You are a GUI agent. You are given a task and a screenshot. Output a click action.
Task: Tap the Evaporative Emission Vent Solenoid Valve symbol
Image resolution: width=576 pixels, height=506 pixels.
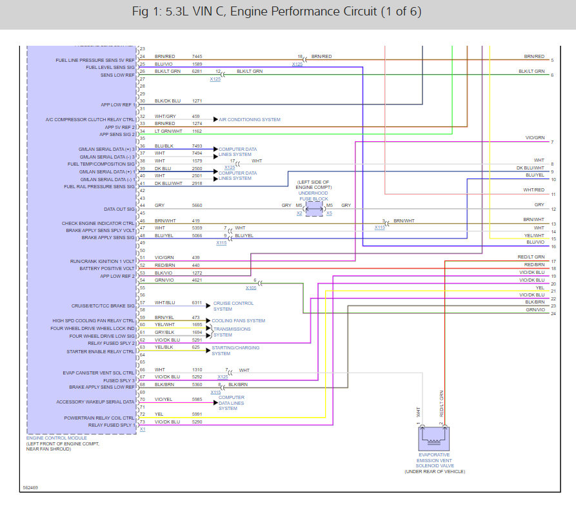pyautogui.click(x=433, y=439)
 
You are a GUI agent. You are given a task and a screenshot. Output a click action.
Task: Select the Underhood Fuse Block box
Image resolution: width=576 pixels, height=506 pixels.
pyautogui.click(x=314, y=209)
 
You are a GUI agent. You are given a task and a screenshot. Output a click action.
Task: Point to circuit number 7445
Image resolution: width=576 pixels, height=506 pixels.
pyautogui.click(x=197, y=57)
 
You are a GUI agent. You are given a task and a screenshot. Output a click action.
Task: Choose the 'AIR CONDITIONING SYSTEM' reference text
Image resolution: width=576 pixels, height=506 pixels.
pyautogui.click(x=250, y=119)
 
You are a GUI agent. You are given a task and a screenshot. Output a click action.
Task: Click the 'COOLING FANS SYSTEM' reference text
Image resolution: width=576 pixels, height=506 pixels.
pyautogui.click(x=239, y=320)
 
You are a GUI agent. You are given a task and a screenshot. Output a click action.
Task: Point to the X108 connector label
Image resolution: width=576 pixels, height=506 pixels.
pyautogui.click(x=250, y=287)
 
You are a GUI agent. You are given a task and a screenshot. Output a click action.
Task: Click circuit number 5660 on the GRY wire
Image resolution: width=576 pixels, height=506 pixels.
pyautogui.click(x=197, y=206)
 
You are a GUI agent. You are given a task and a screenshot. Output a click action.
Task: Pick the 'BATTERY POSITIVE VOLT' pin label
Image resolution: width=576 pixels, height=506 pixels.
pyautogui.click(x=107, y=268)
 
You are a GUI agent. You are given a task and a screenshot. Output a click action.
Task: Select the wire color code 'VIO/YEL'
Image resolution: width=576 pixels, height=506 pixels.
pyautogui.click(x=163, y=400)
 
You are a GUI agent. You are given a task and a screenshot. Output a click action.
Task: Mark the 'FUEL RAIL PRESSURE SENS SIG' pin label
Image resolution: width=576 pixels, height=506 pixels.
pyautogui.click(x=99, y=186)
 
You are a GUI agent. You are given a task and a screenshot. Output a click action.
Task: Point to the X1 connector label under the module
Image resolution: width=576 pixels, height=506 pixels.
pyautogui.click(x=143, y=429)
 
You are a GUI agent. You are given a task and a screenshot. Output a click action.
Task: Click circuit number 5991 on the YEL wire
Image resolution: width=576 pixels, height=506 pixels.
pyautogui.click(x=197, y=414)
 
